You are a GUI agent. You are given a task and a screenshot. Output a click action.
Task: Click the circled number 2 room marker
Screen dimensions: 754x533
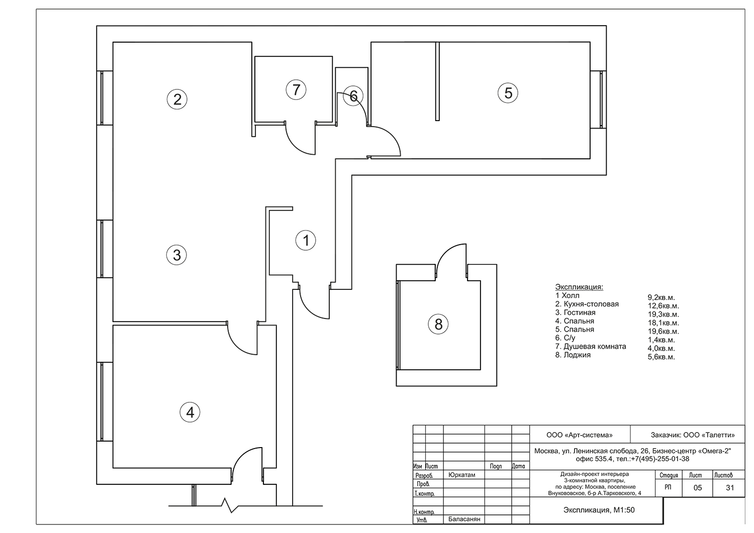tap(177, 99)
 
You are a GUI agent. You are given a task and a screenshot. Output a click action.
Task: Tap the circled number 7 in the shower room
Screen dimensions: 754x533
tap(296, 90)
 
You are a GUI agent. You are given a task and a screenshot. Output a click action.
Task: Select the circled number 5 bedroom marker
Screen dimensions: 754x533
tap(508, 93)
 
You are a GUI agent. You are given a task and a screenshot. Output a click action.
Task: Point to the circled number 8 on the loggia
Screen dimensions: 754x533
tap(438, 324)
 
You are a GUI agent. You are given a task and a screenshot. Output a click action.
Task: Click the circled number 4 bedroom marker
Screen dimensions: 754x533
tap(190, 412)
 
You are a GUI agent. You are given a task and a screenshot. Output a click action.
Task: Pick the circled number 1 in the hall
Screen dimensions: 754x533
tap(306, 240)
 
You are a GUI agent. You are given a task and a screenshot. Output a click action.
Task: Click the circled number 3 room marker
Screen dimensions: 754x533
tap(177, 255)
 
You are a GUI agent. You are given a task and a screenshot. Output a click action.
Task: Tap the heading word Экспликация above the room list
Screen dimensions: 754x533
tap(579, 287)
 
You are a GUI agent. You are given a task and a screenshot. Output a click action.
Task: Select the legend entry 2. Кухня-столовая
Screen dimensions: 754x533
tap(587, 304)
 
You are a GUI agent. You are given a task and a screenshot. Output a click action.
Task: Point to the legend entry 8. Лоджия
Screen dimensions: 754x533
tap(573, 355)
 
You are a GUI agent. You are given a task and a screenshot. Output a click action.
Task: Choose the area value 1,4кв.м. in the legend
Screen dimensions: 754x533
tap(662, 340)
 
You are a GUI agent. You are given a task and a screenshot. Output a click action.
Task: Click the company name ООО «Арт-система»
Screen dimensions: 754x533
tap(580, 435)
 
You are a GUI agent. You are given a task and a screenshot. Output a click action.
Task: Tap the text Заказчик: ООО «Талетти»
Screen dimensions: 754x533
tap(693, 435)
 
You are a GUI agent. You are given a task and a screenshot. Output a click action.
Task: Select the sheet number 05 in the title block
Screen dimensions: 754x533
tap(698, 488)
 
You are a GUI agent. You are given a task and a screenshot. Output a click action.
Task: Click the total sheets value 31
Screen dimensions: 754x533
tap(730, 488)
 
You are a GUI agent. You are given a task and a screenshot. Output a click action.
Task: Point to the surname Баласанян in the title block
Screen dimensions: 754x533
tap(464, 519)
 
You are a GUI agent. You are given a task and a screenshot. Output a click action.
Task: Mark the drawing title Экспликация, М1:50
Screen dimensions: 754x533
tap(599, 510)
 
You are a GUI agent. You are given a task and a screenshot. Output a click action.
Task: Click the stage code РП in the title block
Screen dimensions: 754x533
tap(668, 487)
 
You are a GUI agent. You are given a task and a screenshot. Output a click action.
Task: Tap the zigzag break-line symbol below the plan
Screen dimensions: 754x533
tap(231, 505)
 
